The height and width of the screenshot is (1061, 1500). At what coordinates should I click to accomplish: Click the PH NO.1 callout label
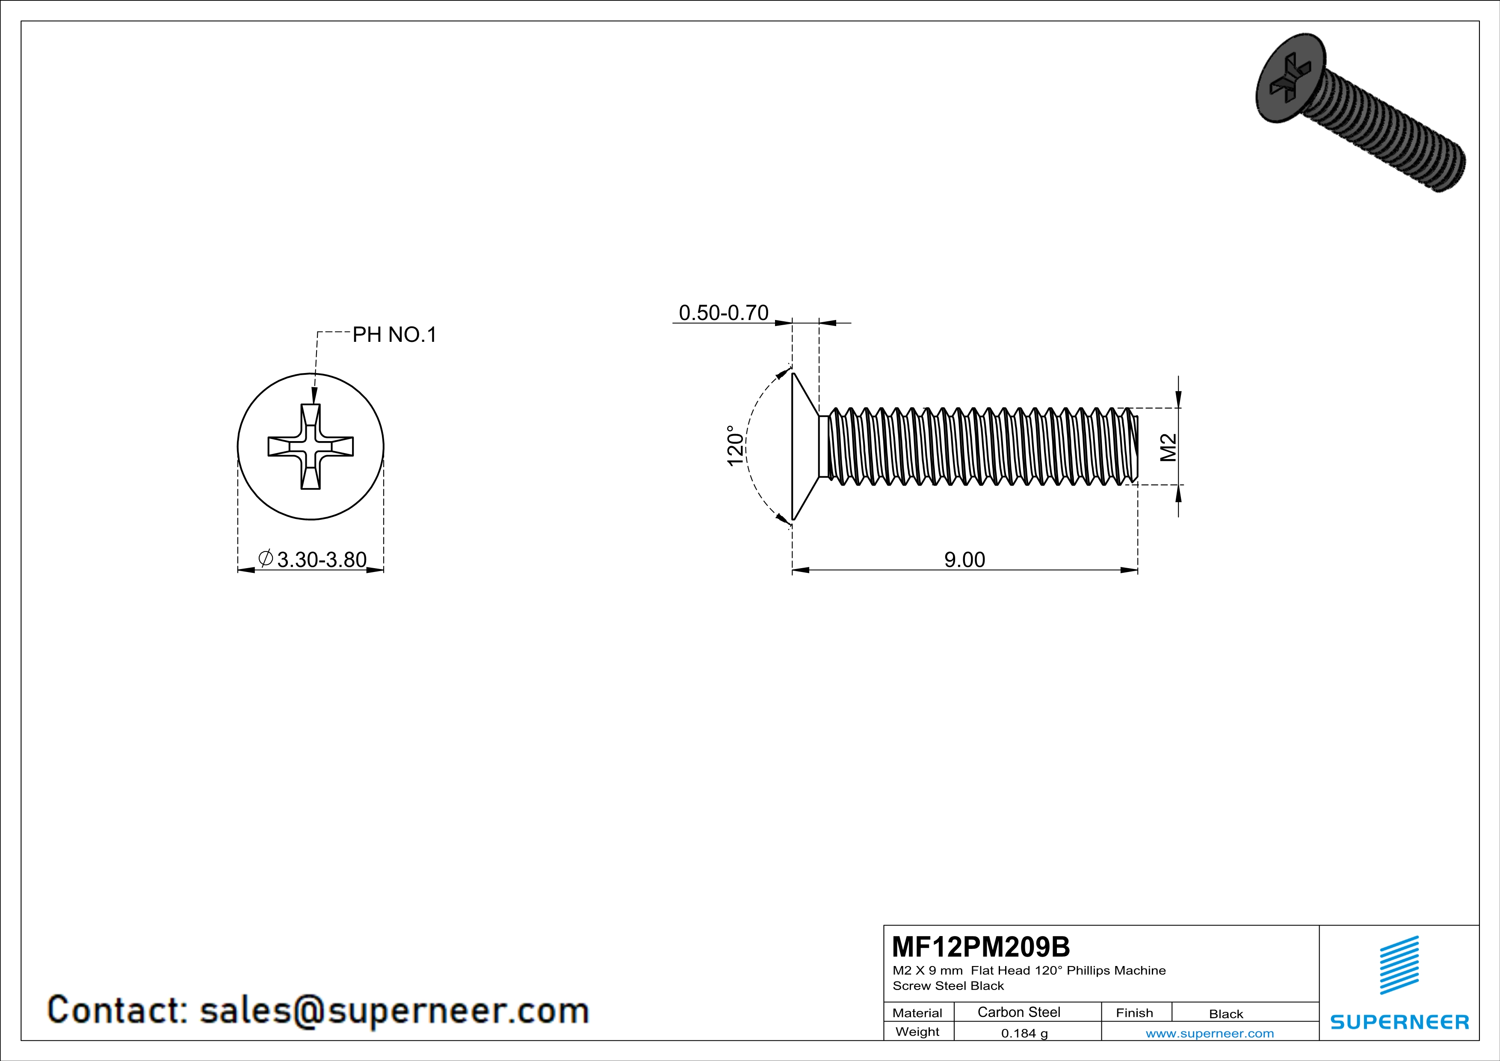tap(394, 335)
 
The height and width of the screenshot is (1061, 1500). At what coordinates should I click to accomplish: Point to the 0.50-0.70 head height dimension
tap(723, 313)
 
